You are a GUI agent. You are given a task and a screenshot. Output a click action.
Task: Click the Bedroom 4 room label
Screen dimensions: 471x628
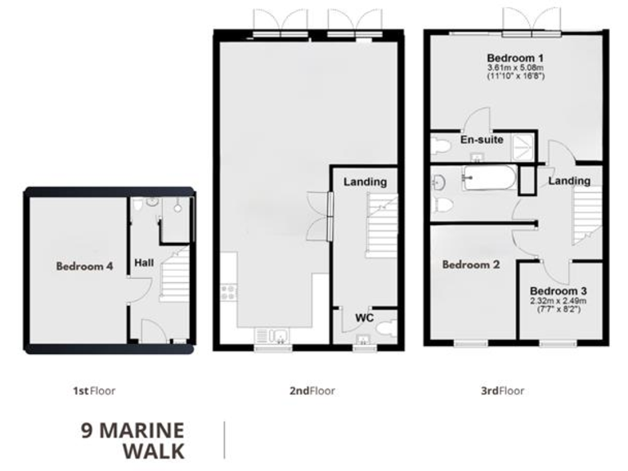[x=84, y=266]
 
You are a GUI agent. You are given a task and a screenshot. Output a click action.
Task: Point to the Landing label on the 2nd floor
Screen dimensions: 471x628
[x=365, y=182]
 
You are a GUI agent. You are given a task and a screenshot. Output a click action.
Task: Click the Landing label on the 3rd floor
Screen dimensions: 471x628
[x=569, y=180]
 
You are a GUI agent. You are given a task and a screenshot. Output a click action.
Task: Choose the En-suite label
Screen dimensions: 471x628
[x=482, y=140]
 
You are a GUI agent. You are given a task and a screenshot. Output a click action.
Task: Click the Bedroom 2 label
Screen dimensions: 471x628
[x=469, y=264]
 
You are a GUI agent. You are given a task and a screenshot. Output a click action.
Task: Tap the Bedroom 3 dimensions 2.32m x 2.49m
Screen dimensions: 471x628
[x=558, y=300]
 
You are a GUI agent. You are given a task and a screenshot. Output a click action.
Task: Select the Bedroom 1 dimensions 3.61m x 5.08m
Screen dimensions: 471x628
[x=515, y=68]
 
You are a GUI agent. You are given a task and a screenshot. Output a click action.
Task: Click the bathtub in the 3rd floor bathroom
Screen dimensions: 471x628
[x=488, y=177]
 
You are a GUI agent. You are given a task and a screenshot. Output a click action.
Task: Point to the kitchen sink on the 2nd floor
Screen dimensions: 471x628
[x=272, y=334]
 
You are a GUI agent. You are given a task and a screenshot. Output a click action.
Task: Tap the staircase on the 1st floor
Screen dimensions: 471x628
[x=175, y=274]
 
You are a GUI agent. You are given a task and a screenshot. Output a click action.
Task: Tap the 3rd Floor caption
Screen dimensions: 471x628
[x=502, y=391]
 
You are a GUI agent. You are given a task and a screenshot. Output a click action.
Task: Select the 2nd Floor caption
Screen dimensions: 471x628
[x=311, y=391]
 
